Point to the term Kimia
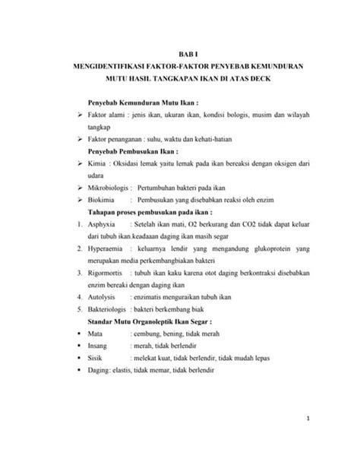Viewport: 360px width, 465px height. [x=98, y=163]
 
